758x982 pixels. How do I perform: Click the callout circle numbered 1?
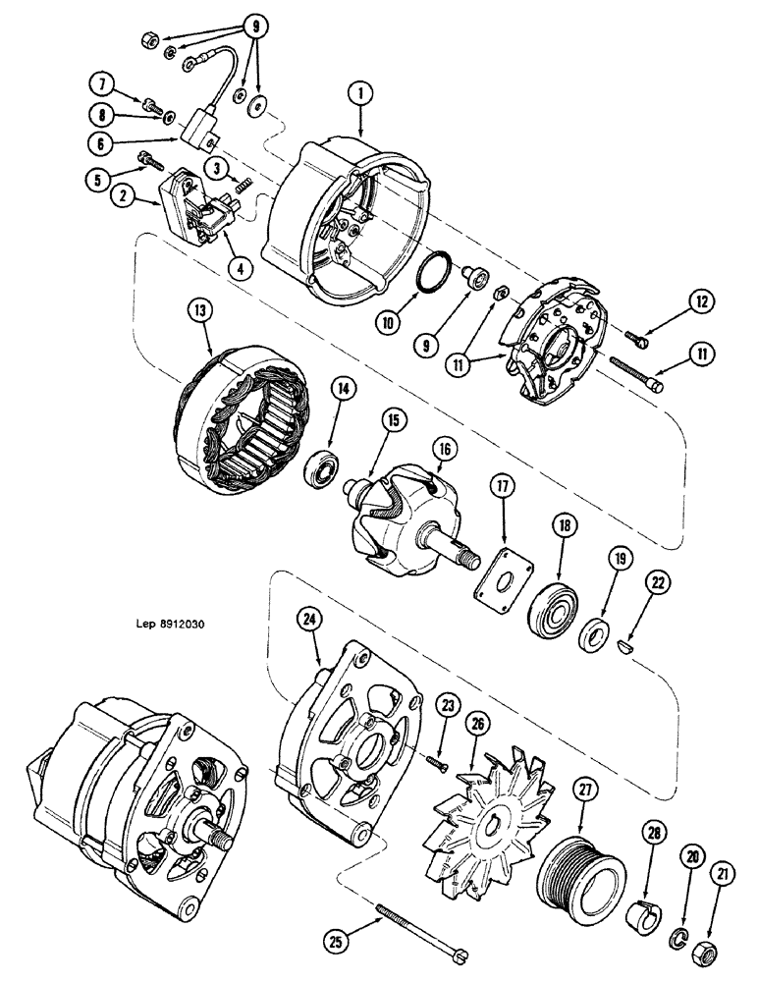pyautogui.click(x=360, y=94)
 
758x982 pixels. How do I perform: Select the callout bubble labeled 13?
pyautogui.click(x=200, y=313)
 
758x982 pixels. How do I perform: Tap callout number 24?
pyautogui.click(x=310, y=619)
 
